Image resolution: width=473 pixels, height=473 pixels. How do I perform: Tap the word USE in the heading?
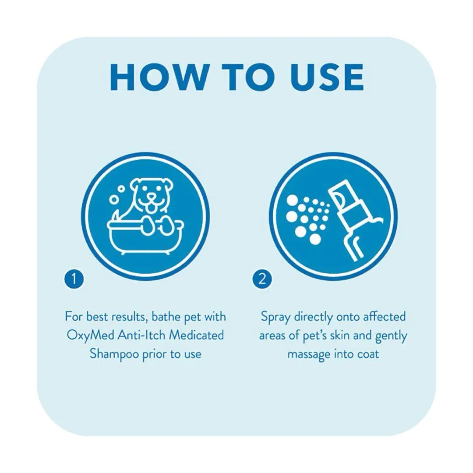tap(327, 77)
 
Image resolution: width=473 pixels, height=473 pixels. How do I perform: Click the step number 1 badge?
tap(74, 279)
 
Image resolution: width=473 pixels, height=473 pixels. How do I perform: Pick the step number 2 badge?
tap(262, 279)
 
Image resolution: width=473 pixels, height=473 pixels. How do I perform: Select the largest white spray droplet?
tap(315, 239)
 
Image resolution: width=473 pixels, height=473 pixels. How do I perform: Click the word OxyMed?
tap(90, 335)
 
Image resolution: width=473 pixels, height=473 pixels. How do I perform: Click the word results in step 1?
tap(130, 317)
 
